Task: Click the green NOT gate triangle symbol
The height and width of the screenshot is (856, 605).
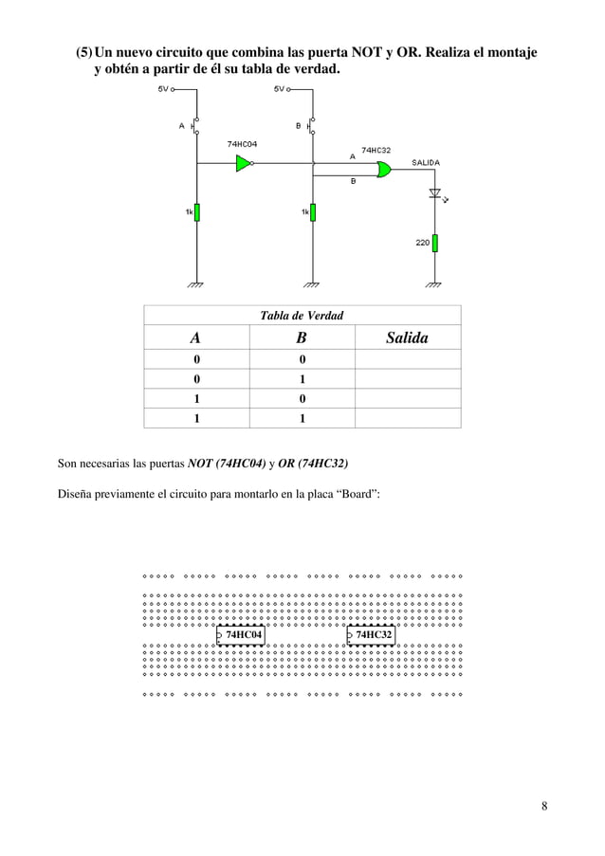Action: [245, 163]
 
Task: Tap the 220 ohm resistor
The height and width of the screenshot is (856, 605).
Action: [435, 244]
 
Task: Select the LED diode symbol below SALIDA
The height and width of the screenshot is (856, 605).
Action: [435, 193]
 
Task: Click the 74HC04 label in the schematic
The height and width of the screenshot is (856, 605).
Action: [243, 143]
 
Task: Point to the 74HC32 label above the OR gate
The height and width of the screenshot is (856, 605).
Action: [376, 150]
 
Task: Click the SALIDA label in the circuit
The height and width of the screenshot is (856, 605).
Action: [426, 162]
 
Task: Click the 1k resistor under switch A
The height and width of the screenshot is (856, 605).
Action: [197, 213]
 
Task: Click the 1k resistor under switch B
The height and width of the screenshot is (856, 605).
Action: [312, 213]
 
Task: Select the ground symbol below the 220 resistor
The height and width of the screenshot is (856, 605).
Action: [434, 283]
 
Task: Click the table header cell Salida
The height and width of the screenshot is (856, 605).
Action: [407, 338]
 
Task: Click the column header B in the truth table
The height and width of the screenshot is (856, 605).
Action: [301, 338]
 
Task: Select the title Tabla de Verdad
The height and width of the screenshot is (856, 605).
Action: [302, 316]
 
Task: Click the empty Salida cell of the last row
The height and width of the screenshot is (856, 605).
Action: [407, 417]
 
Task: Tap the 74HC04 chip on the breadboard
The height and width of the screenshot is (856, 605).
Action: [241, 635]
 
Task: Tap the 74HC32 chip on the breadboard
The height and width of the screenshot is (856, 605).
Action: [372, 635]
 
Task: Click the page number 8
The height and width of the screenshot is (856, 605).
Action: [544, 807]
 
